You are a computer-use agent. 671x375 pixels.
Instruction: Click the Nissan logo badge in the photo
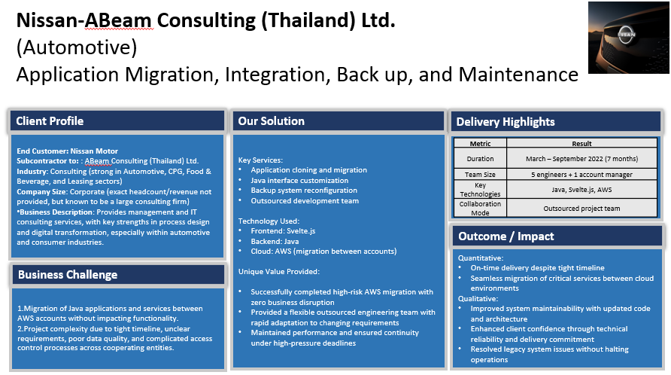point(627,35)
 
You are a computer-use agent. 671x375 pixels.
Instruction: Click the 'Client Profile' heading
point(50,121)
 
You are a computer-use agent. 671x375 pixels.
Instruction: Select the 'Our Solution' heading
point(272,121)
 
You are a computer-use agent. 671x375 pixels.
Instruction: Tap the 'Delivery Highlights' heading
point(506,122)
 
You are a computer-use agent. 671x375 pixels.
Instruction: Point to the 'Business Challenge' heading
point(68,275)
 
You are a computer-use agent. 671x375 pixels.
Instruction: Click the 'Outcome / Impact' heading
point(506,236)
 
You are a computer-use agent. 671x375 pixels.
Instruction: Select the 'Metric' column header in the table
point(480,144)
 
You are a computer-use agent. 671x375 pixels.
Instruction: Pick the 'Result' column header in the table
point(581,144)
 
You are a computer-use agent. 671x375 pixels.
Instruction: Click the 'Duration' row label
point(480,159)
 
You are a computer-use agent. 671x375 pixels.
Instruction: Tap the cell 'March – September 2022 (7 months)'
point(581,159)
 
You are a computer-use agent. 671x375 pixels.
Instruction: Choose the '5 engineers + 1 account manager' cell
point(581,175)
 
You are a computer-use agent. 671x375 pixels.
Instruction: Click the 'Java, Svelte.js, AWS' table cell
point(581,190)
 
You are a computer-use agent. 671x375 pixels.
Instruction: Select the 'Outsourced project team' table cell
point(581,209)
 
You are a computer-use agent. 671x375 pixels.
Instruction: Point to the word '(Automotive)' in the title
point(77,47)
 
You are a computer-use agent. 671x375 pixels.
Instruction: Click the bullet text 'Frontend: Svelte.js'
point(283,231)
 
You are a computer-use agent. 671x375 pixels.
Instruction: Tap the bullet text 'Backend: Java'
point(275,241)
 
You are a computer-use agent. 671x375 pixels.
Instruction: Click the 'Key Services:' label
point(260,160)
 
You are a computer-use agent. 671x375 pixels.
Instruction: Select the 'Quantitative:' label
point(481,258)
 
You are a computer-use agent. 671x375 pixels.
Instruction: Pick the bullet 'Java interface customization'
point(299,181)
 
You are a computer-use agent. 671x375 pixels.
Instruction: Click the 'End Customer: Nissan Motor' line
point(67,151)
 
